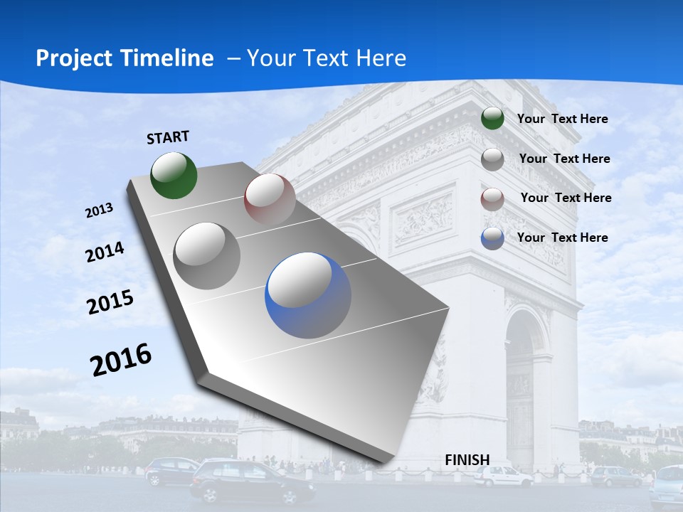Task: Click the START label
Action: coord(168,137)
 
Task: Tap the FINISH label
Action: coord(467,460)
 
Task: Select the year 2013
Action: coord(99,210)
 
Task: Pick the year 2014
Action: coord(105,252)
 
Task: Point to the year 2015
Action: coord(110,302)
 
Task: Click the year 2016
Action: coord(121,359)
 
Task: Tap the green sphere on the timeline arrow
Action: coord(174,175)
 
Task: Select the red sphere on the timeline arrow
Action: coord(270,199)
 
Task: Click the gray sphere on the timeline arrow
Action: coord(207,255)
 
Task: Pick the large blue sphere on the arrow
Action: coord(308,295)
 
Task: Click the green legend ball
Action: coord(492,119)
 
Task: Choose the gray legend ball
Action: coord(492,159)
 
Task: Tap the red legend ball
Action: coord(492,198)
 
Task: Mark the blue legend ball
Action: coord(492,238)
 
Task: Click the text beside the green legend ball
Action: coord(562,119)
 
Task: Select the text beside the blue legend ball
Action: coord(562,238)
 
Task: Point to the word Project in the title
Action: coord(71,58)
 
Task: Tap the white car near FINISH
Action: coord(503,476)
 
